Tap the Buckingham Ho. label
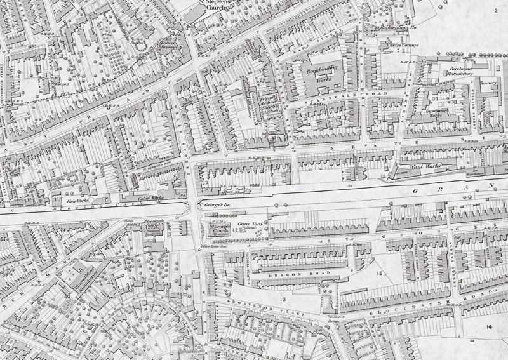378,29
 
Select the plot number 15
380,274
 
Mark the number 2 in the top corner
495,11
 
